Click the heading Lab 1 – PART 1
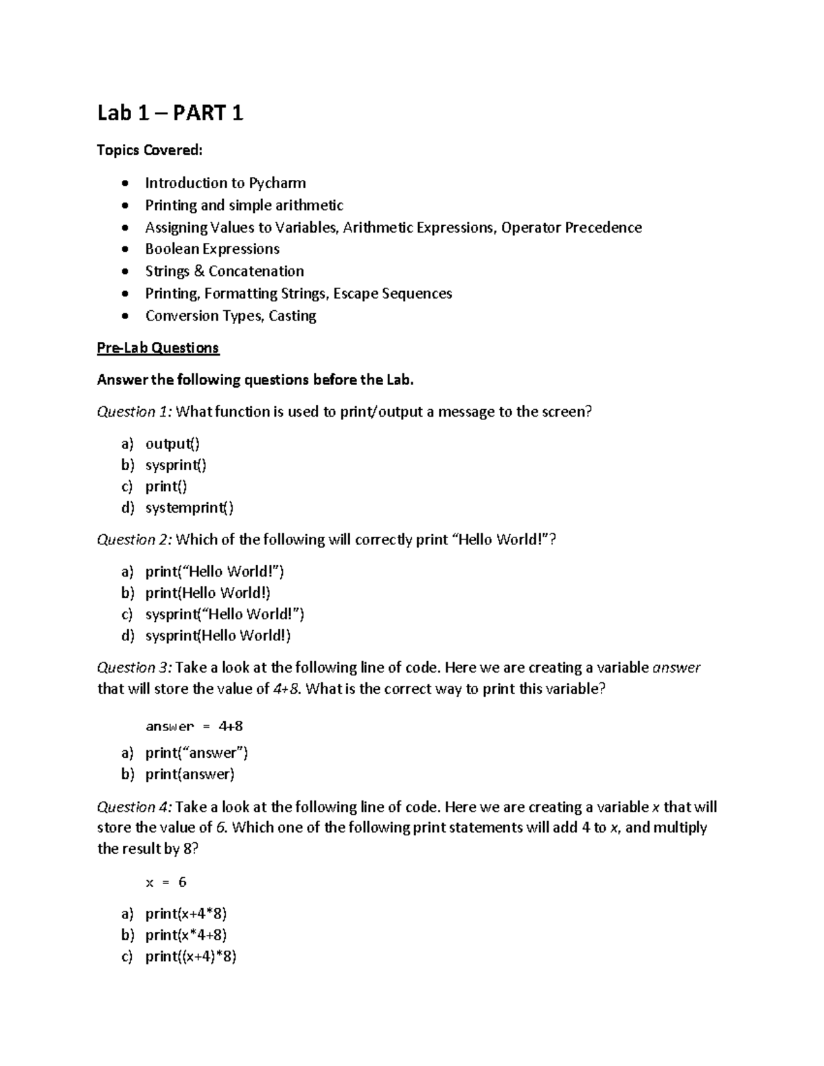click(170, 113)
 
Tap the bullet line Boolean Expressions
click(212, 249)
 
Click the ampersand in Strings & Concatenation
click(199, 271)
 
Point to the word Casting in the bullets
click(293, 316)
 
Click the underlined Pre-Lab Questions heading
click(158, 348)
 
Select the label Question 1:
click(135, 412)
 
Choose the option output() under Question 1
click(172, 444)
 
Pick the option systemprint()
click(190, 508)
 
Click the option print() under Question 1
click(165, 487)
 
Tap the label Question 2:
click(135, 540)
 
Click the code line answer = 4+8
click(194, 726)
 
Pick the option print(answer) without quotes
click(190, 774)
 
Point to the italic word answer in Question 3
click(676, 668)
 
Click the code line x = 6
click(166, 883)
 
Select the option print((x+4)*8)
click(191, 957)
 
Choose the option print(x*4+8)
click(186, 936)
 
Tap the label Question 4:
click(135, 807)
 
